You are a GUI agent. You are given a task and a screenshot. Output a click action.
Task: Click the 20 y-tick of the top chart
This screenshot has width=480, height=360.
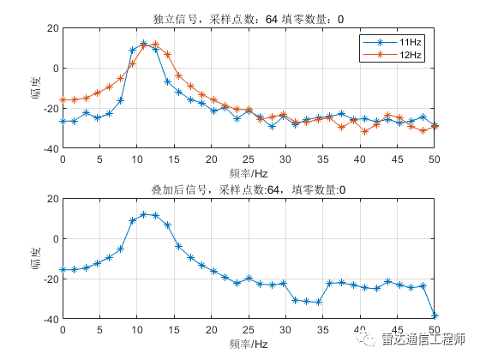(51, 28)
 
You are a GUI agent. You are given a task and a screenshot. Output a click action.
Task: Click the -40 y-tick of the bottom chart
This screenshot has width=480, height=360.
(50, 319)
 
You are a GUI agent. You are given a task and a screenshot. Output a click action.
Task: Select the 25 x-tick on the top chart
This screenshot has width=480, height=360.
(249, 159)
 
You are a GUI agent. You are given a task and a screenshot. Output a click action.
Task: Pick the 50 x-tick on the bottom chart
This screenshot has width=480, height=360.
(435, 330)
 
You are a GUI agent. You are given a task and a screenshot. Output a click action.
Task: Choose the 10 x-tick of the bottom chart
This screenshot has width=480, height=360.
(137, 330)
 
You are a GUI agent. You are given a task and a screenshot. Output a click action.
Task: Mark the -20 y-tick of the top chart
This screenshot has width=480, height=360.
(50, 109)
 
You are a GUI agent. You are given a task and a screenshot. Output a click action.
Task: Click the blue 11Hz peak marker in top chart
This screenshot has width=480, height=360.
(144, 44)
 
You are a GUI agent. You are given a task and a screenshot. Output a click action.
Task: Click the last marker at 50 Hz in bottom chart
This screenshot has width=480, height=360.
(435, 315)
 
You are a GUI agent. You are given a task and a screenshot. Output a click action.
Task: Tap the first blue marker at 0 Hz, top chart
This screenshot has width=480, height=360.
(63, 121)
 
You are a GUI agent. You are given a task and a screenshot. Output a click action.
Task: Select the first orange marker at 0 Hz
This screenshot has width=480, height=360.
(63, 100)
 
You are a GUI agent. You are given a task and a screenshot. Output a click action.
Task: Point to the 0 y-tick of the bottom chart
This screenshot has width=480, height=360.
(55, 238)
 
